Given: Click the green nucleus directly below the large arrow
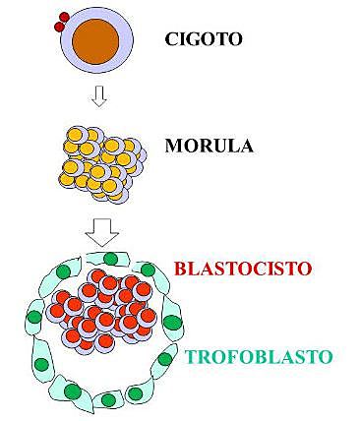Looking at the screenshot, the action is [110, 260].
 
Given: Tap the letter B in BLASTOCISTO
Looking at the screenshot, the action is [180, 267].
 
